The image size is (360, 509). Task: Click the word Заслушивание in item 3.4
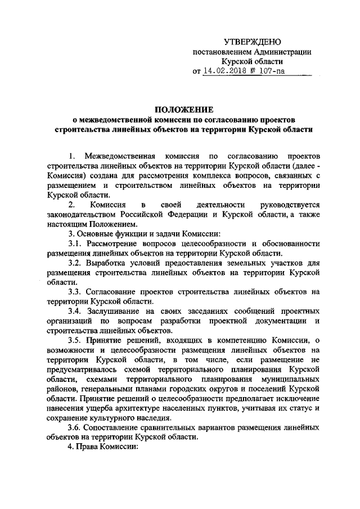[x=113, y=311]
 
